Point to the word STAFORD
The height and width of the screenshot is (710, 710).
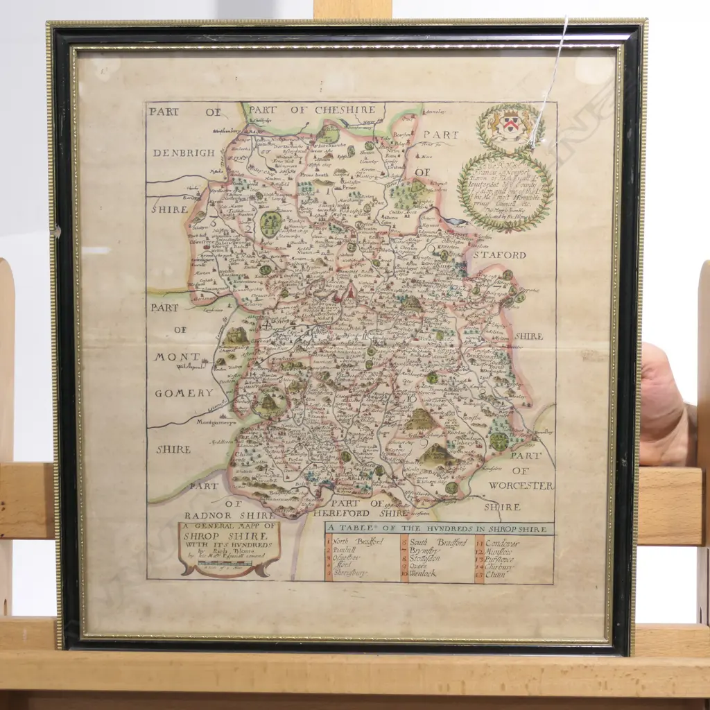500,255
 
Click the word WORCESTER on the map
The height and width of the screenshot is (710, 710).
521,485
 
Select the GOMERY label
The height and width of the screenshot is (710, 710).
184,393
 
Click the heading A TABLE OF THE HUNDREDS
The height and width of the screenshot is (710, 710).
439,529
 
